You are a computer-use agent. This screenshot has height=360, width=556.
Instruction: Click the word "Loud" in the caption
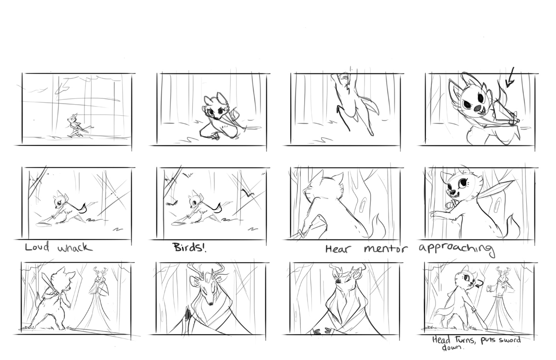[37, 247]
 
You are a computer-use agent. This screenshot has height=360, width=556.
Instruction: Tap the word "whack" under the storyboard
[75, 247]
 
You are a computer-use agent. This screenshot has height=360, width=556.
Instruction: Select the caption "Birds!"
[189, 247]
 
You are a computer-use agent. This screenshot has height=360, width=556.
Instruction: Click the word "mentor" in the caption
[386, 249]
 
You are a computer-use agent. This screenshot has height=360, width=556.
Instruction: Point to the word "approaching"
[456, 249]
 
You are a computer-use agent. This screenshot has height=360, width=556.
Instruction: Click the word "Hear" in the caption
[339, 249]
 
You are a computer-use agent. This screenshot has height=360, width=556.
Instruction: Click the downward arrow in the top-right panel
[510, 77]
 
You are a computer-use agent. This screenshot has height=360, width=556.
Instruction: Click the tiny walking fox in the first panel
[76, 125]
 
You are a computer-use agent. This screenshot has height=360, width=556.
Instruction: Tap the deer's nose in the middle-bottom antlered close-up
[210, 303]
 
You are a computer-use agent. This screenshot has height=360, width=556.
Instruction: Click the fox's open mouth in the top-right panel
[476, 108]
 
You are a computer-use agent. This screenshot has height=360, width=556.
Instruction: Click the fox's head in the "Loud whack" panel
[59, 201]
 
